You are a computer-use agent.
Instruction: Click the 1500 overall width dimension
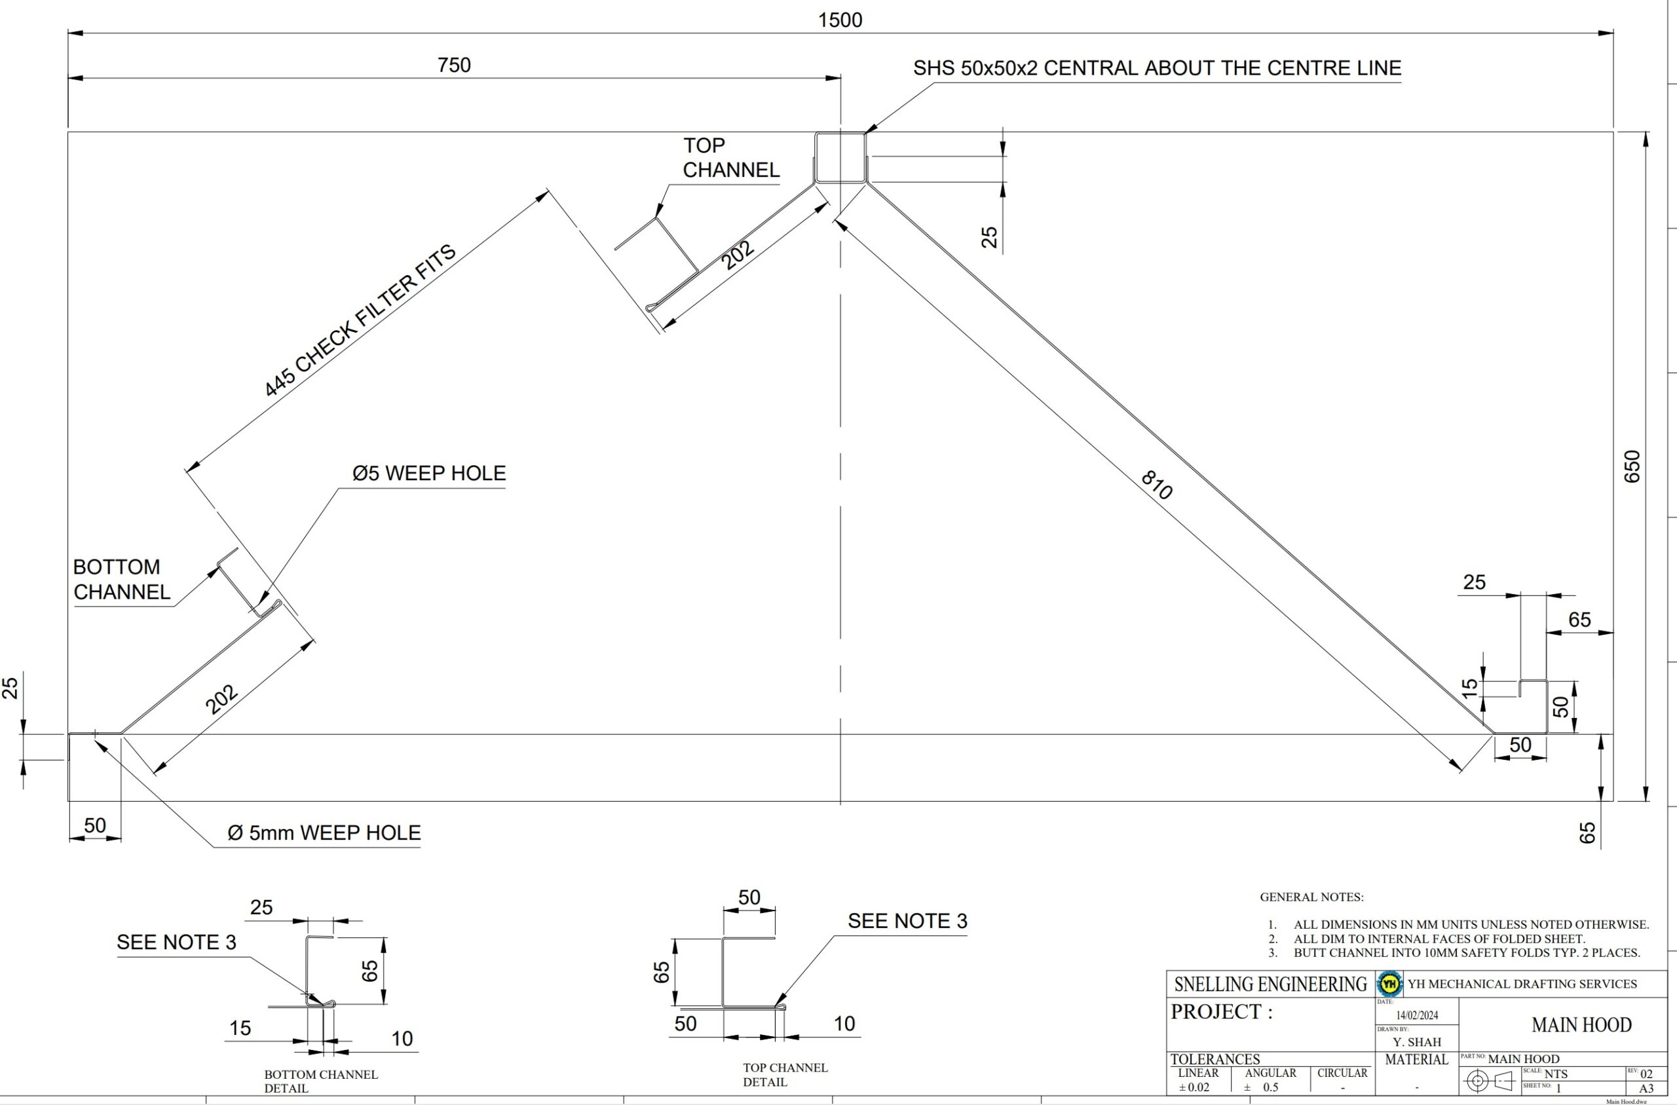(x=840, y=20)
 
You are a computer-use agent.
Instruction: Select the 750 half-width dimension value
(x=454, y=65)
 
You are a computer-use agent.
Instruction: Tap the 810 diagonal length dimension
(x=1156, y=485)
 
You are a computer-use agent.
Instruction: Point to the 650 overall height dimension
(x=1632, y=466)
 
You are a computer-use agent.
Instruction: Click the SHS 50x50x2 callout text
(x=1157, y=67)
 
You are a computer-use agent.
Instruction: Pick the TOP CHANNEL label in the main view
(x=730, y=157)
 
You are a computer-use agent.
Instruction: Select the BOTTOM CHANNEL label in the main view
(x=121, y=579)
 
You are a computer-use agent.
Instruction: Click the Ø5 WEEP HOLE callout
(x=428, y=473)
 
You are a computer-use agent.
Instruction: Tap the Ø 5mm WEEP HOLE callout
(x=324, y=833)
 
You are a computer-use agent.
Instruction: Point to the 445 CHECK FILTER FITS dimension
(x=360, y=322)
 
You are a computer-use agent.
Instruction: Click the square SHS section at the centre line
(x=840, y=157)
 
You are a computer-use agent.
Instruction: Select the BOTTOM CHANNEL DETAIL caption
(x=320, y=1081)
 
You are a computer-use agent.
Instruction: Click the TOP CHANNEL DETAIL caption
(x=785, y=1075)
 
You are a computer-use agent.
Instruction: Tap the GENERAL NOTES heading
(x=1311, y=897)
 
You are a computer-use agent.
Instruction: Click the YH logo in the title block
(x=1389, y=983)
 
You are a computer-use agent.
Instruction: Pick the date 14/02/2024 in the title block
(x=1417, y=1015)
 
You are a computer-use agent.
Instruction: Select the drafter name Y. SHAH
(x=1417, y=1041)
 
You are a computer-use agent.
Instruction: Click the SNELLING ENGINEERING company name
(x=1270, y=984)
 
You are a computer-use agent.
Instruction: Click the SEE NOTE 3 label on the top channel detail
(x=907, y=920)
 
